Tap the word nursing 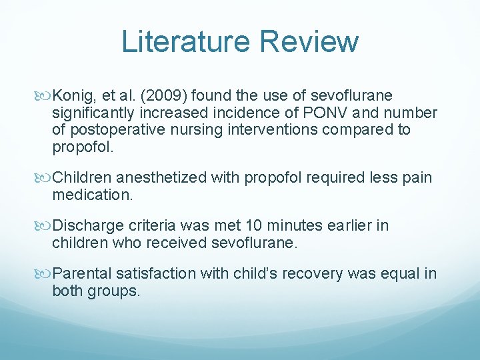point(192,129)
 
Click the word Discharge point(84,226)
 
